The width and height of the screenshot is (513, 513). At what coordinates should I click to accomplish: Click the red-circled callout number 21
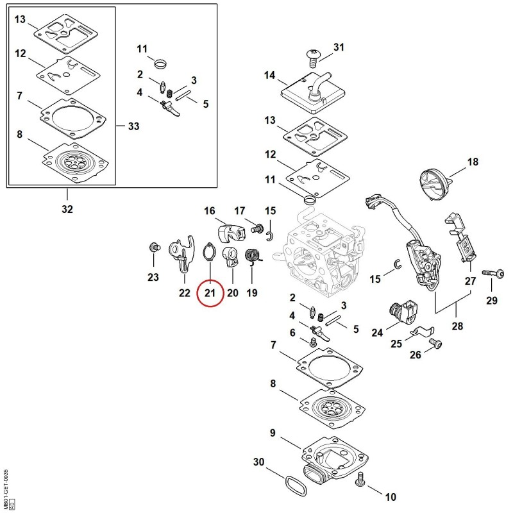pyautogui.click(x=210, y=293)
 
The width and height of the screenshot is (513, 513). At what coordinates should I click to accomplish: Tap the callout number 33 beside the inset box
pyautogui.click(x=133, y=126)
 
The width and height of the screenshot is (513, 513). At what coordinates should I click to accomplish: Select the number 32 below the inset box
pyautogui.click(x=67, y=209)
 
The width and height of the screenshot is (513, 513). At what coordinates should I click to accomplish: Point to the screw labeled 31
pyautogui.click(x=314, y=57)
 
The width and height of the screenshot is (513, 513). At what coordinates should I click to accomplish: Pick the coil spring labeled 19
pyautogui.click(x=252, y=255)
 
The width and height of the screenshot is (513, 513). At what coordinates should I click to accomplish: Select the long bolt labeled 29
pyautogui.click(x=493, y=273)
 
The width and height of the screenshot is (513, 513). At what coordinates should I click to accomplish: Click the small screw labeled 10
pyautogui.click(x=360, y=478)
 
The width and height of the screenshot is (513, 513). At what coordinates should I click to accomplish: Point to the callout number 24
pyautogui.click(x=377, y=333)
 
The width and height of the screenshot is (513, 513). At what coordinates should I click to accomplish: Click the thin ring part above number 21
pyautogui.click(x=209, y=252)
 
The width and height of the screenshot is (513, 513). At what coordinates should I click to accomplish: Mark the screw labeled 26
pyautogui.click(x=435, y=343)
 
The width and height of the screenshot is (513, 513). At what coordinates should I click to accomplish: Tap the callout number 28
pyautogui.click(x=457, y=326)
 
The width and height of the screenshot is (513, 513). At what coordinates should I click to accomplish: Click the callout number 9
pyautogui.click(x=273, y=433)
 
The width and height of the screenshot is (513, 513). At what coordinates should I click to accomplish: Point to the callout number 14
pyautogui.click(x=269, y=75)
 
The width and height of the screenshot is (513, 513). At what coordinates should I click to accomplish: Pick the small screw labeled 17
pyautogui.click(x=256, y=228)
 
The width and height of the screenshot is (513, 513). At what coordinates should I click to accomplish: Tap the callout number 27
pyautogui.click(x=470, y=281)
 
